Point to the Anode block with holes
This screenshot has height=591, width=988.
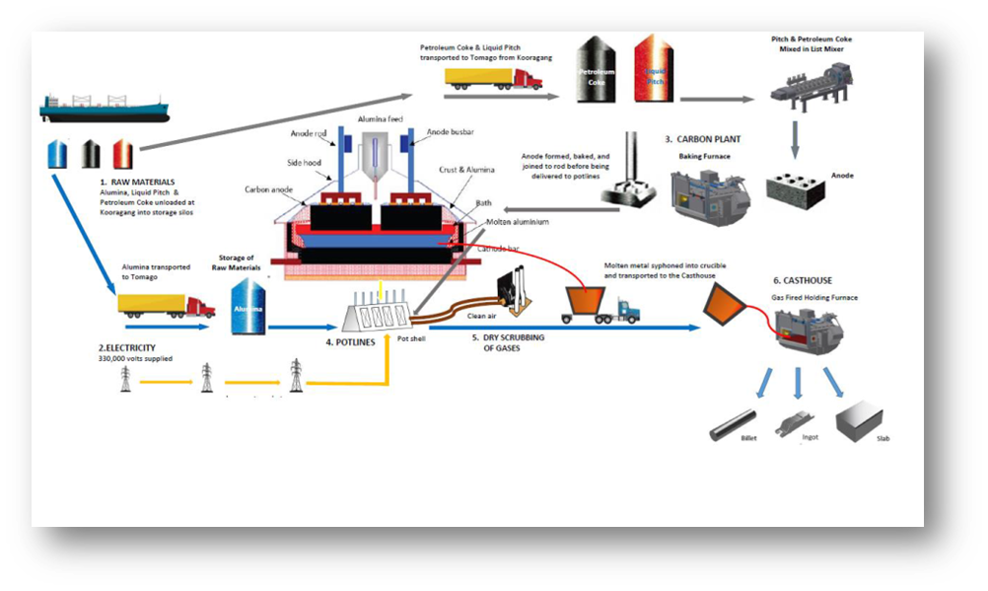[797, 185]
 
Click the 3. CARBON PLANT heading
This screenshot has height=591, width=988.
[702, 139]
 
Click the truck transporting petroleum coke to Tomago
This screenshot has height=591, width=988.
[494, 78]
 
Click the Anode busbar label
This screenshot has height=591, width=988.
[450, 132]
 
